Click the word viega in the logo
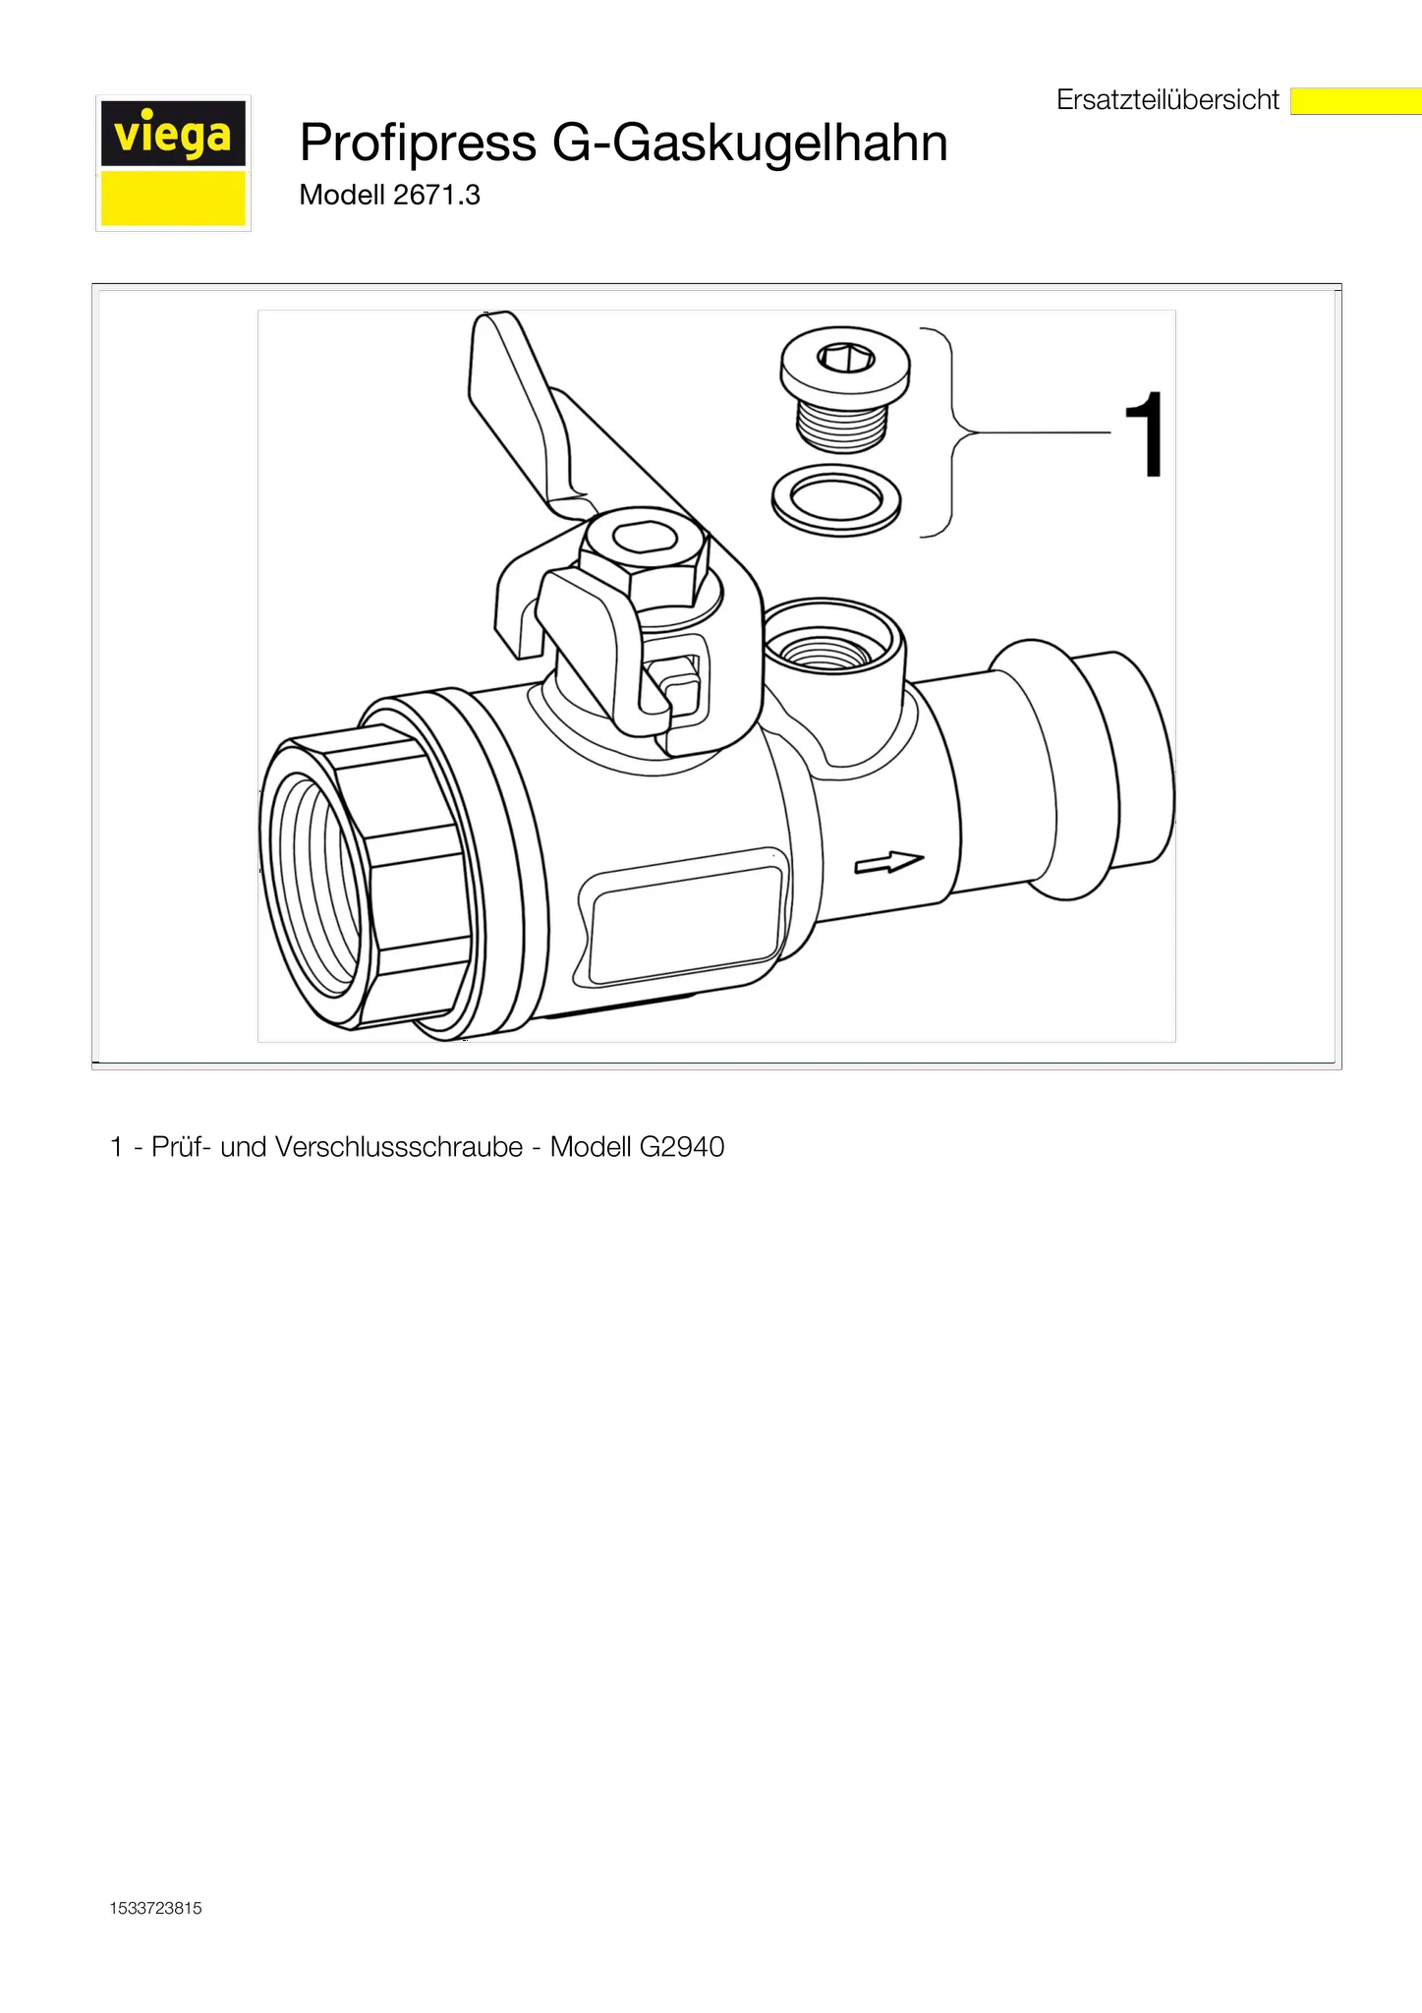click(173, 135)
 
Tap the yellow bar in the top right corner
click(1355, 101)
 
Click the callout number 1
click(1143, 435)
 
